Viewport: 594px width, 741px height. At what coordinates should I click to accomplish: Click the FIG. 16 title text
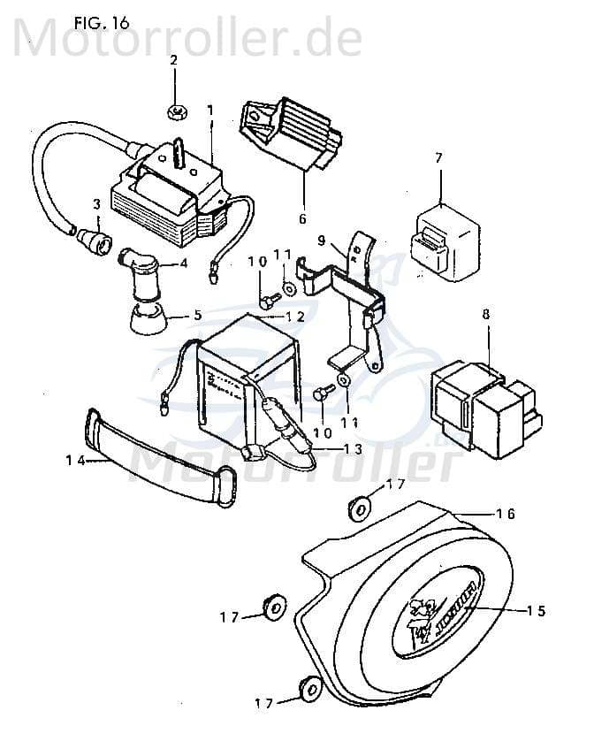coord(102,23)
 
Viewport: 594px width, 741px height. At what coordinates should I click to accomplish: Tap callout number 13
coord(352,449)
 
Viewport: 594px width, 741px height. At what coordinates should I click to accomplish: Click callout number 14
coord(74,460)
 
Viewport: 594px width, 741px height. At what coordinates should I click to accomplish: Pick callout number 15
coord(536,610)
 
